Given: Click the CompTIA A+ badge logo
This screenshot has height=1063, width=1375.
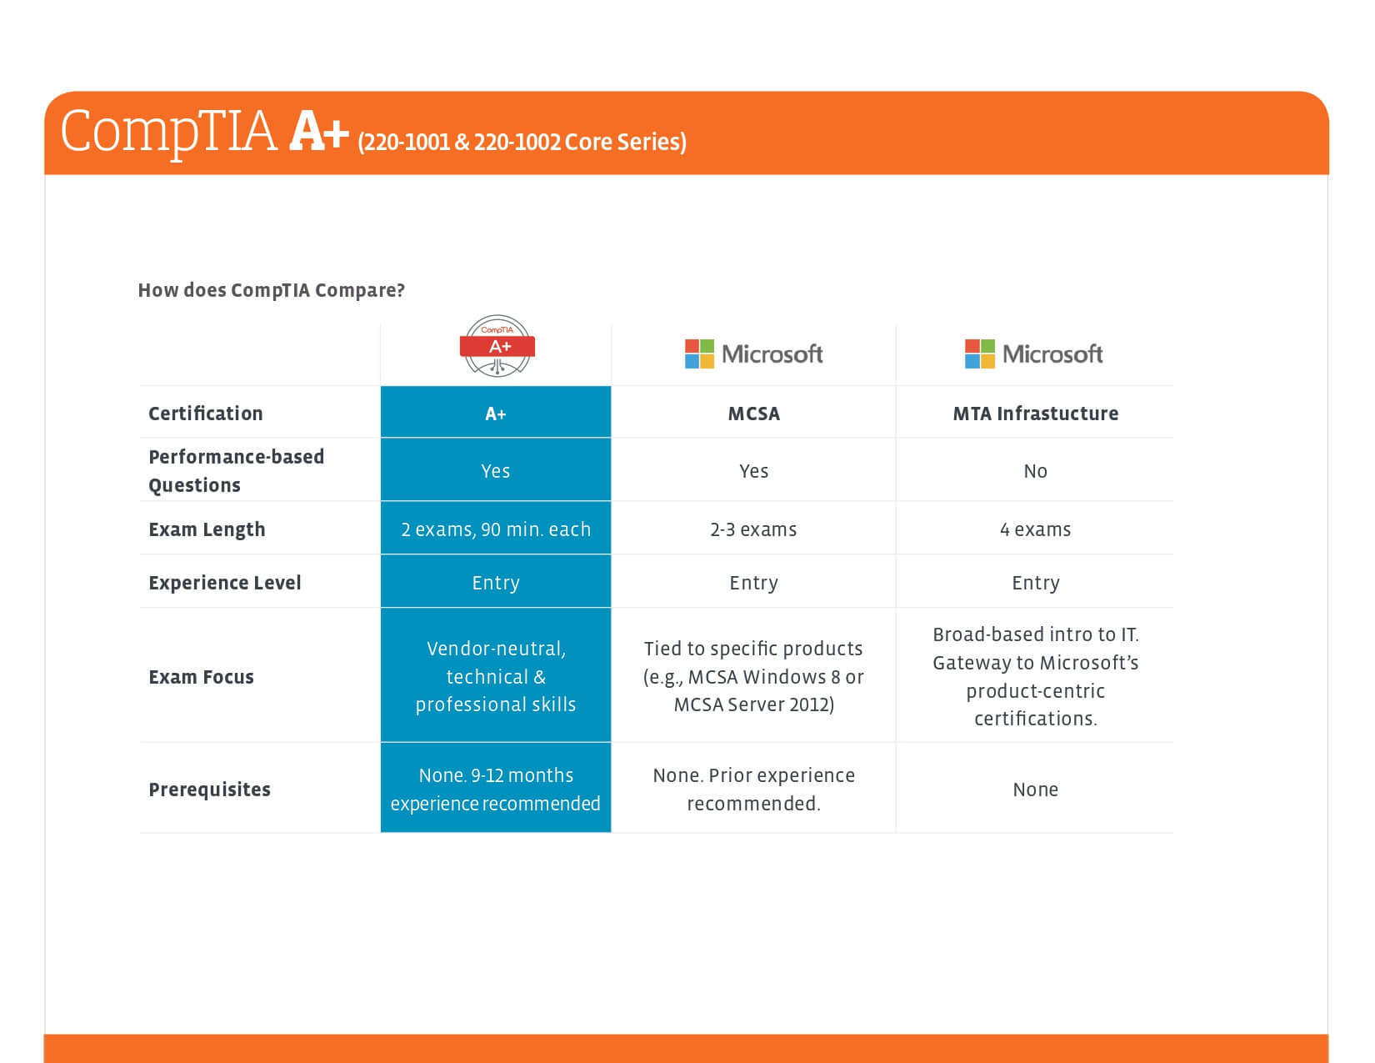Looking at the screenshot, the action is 497,346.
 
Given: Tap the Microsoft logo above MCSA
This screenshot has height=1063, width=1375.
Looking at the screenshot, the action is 753,353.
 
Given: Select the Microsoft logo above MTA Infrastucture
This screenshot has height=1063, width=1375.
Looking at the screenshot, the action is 1033,353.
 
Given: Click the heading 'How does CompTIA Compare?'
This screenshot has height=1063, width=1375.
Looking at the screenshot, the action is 271,290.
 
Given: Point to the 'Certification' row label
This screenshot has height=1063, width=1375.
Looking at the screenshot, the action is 206,414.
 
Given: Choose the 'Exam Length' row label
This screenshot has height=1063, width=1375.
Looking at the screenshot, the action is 207,529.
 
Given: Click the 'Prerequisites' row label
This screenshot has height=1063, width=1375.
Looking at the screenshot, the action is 209,790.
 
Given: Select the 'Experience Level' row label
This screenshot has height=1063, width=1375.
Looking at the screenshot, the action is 225,583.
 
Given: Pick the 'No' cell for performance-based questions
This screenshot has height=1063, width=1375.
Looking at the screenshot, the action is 1035,471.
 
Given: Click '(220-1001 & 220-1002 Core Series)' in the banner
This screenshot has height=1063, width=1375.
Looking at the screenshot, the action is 522,142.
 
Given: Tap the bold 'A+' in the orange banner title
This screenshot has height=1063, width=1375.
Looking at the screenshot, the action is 319,132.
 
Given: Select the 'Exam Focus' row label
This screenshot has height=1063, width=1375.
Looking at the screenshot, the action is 201,677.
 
